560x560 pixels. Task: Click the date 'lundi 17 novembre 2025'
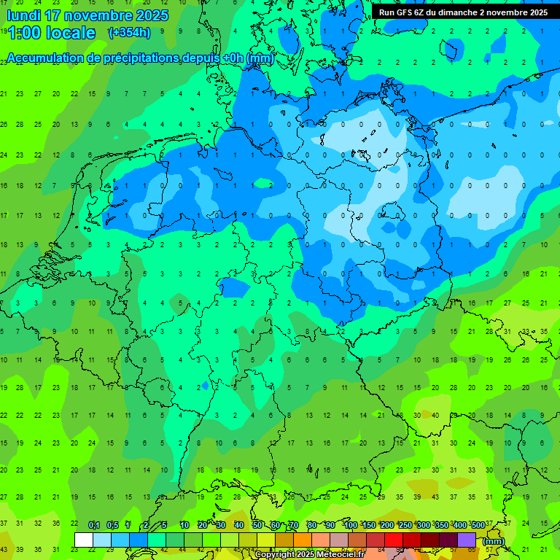click(x=87, y=15)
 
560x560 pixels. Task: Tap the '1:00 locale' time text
click(x=51, y=33)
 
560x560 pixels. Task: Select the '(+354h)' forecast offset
click(x=129, y=32)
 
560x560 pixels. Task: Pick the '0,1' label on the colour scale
click(x=94, y=526)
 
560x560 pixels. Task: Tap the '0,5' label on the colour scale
click(x=112, y=526)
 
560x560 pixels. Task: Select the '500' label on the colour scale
click(x=478, y=526)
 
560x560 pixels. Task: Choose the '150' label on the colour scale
click(x=369, y=526)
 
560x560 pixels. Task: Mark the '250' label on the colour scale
click(x=405, y=526)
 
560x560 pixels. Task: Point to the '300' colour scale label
click(x=423, y=526)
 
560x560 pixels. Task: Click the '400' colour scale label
click(x=459, y=526)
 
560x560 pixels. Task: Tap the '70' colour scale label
click(x=295, y=526)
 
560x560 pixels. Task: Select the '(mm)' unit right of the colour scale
click(x=494, y=541)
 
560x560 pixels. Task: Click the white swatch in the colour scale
click(x=84, y=540)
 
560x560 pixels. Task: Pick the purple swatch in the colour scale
click(x=467, y=540)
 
